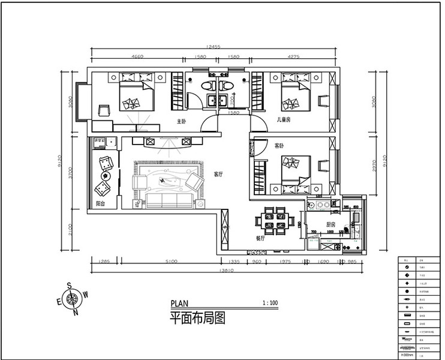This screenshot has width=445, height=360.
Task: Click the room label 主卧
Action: point(182,121)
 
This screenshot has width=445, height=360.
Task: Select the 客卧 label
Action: point(279,146)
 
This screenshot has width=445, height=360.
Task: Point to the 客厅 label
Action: point(218,175)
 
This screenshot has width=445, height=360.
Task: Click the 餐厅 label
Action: point(260,238)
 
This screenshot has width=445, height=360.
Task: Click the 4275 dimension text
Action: point(294,57)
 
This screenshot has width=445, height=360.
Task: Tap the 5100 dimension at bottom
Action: point(171,262)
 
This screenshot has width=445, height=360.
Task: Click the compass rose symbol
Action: point(73,298)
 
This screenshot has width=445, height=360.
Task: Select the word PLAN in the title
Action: point(179,303)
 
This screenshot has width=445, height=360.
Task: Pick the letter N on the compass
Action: point(76,313)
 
